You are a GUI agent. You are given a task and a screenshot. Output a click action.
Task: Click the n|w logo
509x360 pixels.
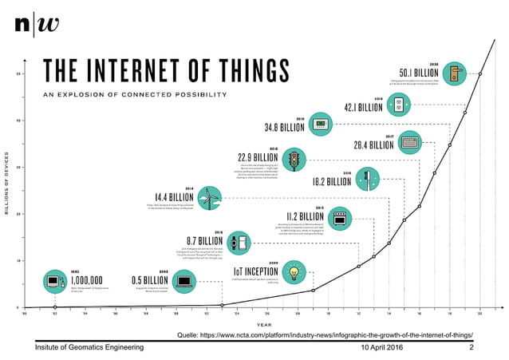tap(37, 23)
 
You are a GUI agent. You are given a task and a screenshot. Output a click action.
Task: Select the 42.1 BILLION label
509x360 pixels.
tap(364, 107)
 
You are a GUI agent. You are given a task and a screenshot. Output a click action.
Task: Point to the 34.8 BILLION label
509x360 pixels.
tap(284, 127)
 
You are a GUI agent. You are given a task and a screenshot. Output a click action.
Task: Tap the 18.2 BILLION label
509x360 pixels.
tap(332, 181)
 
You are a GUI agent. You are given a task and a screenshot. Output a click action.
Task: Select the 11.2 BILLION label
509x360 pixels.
tap(305, 216)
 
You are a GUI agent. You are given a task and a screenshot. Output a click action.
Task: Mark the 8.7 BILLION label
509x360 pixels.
tap(204, 240)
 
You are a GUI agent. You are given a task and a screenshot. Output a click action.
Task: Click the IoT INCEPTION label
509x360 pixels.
tap(255, 271)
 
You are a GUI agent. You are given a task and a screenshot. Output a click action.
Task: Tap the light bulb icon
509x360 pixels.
tap(294, 271)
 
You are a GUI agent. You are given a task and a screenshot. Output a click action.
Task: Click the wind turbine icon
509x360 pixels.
tap(208, 196)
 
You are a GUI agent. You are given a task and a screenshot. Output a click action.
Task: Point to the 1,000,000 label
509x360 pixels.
tap(86, 280)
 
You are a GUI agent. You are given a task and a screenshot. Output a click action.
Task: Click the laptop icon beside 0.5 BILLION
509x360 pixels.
tap(184, 281)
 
